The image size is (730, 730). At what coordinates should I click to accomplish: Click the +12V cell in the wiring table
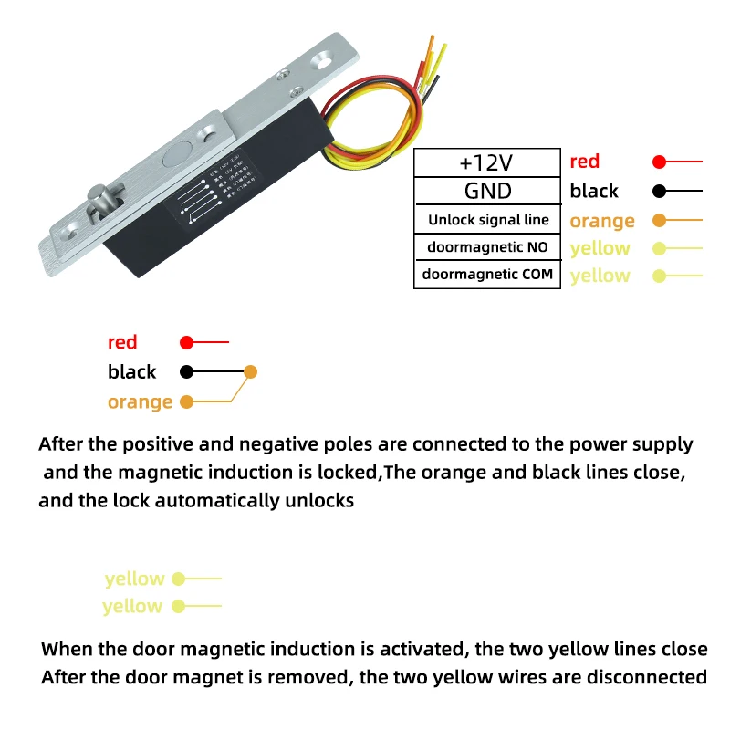pos(486,163)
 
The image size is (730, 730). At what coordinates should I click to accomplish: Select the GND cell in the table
pos(486,191)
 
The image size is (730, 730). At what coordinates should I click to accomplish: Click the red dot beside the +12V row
pos(660,162)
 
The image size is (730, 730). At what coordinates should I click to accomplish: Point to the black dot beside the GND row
pos(660,191)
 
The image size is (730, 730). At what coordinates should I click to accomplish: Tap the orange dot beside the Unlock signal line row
pos(660,220)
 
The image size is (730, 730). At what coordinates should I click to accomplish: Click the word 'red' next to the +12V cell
pos(584,162)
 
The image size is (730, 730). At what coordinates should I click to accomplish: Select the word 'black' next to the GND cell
pos(594,191)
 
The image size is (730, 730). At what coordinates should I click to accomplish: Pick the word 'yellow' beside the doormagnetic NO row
pos(600,248)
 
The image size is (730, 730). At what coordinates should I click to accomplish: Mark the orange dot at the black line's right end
pos(251,371)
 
